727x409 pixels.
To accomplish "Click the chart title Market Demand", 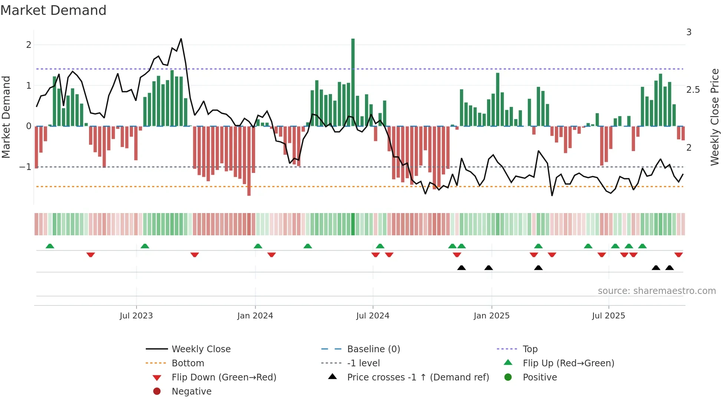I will coord(53,10).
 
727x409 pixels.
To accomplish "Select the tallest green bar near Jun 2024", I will coord(353,82).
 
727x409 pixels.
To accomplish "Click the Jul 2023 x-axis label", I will coord(136,316).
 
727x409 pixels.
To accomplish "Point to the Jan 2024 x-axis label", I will coord(255,316).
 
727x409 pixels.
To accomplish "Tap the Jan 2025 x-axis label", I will coord(491,316).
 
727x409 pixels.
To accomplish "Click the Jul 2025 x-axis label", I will coord(608,316).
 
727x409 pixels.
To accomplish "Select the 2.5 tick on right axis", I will coord(693,90).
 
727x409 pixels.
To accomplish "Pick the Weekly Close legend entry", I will coord(201,349).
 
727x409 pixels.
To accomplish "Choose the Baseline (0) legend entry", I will coord(373,349).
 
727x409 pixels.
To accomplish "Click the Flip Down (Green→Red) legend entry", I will coord(224,377).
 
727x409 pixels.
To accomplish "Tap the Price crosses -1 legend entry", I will coord(418,377).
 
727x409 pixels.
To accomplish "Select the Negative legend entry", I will coord(191,392).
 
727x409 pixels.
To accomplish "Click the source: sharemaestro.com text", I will coord(657,291).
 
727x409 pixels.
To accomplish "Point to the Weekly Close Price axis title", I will coord(714,117).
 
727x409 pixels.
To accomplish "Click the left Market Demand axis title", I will coord(6,117).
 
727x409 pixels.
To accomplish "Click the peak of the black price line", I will coord(181,39).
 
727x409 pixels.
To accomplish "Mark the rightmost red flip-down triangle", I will coord(678,255).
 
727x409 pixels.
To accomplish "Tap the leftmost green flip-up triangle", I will coord(50,246).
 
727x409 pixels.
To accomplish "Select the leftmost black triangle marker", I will coord(461,268).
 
